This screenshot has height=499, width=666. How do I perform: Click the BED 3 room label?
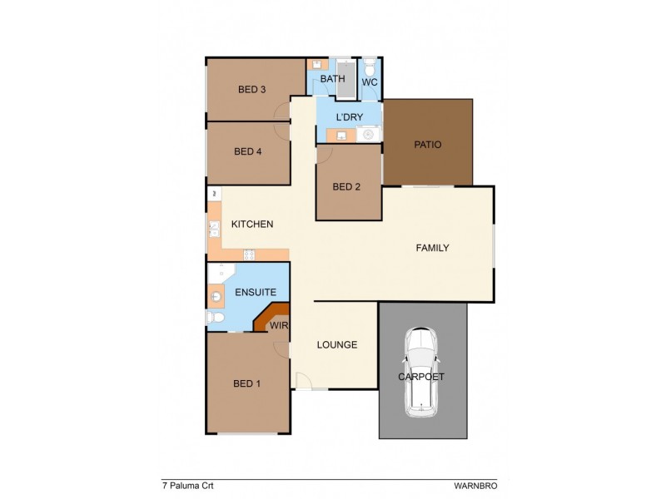[x=251, y=90]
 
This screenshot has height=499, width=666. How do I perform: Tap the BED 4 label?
[x=248, y=151]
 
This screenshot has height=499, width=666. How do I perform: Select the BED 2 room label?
[x=346, y=187]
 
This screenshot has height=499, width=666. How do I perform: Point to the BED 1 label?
[x=246, y=383]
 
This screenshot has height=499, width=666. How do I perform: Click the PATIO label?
[x=427, y=145]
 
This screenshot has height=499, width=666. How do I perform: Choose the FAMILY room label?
[x=433, y=248]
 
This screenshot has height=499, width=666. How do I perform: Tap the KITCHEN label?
[x=252, y=225]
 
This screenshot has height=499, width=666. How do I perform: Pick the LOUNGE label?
[x=337, y=344]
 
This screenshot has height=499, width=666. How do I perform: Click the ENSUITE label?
[x=251, y=293]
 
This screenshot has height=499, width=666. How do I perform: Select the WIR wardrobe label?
[x=278, y=326]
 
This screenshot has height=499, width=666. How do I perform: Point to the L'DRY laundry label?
[x=348, y=117]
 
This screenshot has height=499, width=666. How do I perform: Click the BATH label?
[x=332, y=80]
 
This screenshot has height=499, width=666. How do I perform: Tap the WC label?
[x=370, y=82]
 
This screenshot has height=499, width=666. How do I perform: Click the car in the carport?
[x=423, y=373]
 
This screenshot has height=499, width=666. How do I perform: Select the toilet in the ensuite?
[x=215, y=319]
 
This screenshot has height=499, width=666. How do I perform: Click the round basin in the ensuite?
[x=216, y=295]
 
